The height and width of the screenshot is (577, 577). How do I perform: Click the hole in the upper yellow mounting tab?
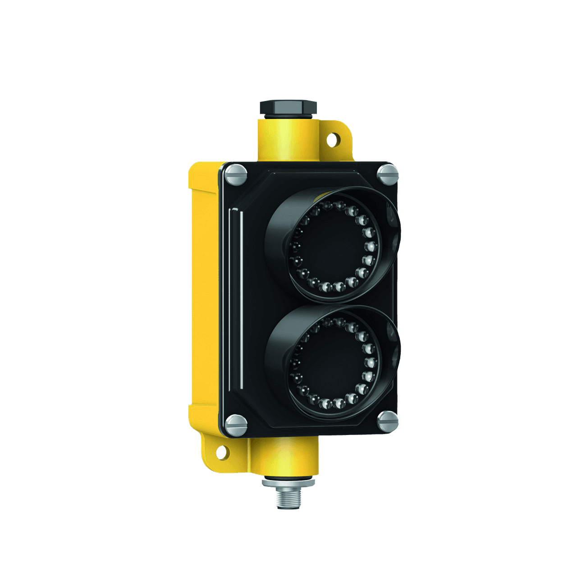(x=333, y=138)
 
